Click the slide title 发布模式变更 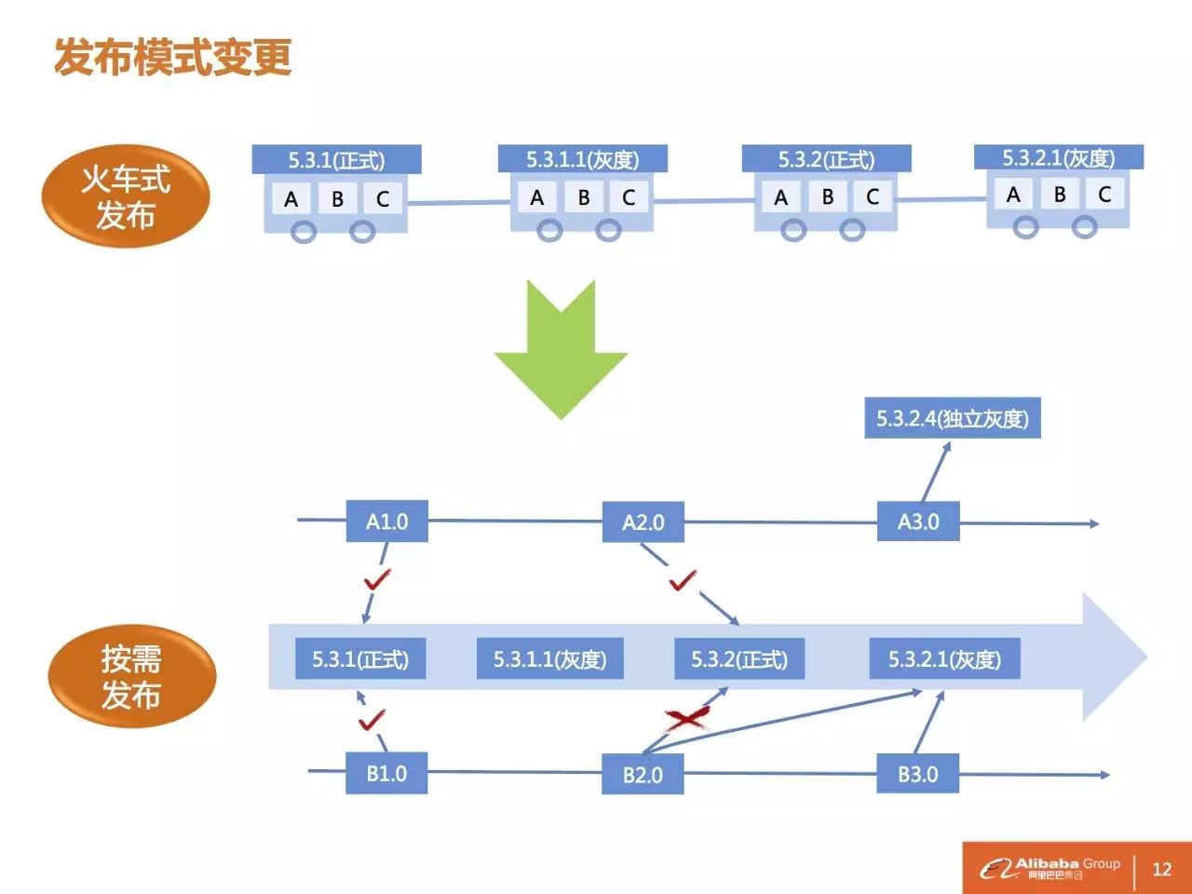coord(173,57)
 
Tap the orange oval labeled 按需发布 coord(131,677)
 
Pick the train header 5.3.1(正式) coord(336,159)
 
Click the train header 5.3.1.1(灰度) coord(583,159)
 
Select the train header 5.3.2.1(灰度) coord(1058,157)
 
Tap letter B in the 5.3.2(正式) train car coord(827,197)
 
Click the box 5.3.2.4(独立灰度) coord(952,418)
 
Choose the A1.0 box coord(386,521)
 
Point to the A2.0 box coord(643,522)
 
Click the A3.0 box coord(918,521)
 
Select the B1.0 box coord(386,774)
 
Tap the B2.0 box coord(643,775)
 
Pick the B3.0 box coord(918,774)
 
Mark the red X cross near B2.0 coord(687,718)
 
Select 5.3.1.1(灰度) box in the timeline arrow coord(549,659)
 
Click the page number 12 coord(1161,869)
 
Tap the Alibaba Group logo coord(1050,868)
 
